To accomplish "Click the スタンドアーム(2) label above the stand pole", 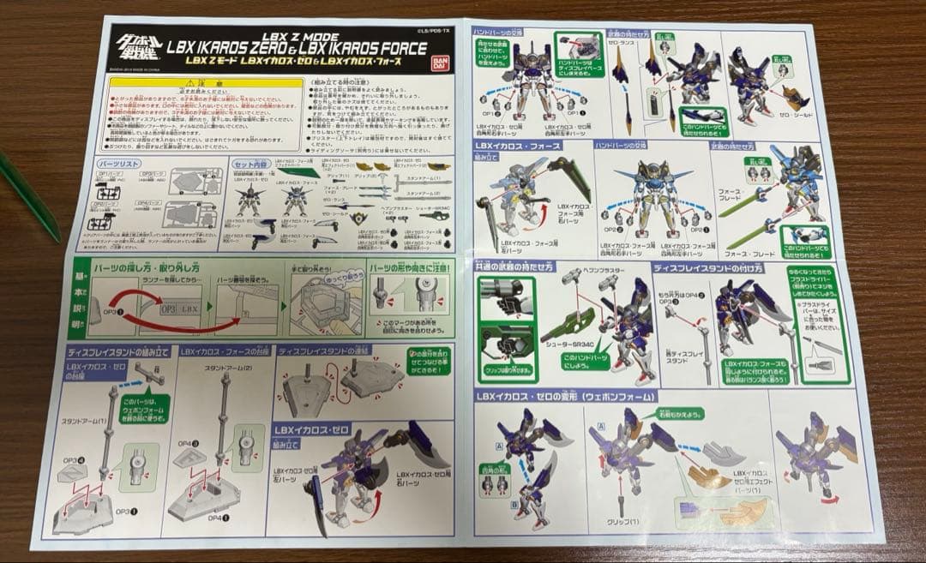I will pyautogui.click(x=221, y=368).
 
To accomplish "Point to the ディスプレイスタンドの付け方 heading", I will pyautogui.click(x=710, y=267).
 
